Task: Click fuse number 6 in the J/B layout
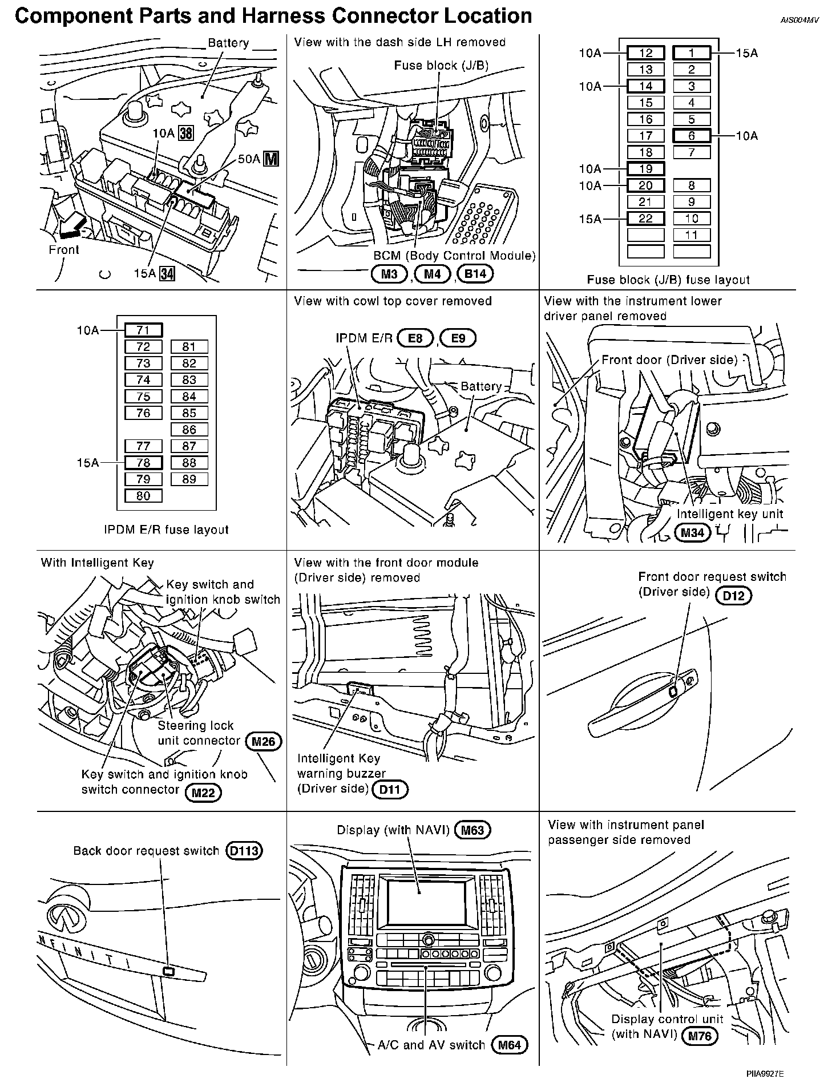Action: click(691, 136)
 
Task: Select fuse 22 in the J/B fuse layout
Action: click(645, 219)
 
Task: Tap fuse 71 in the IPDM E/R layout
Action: click(143, 330)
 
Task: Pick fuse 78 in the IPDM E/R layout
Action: click(143, 463)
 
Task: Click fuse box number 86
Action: click(189, 430)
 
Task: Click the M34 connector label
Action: click(692, 533)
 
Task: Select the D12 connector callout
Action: click(734, 596)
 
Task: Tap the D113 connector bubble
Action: click(244, 851)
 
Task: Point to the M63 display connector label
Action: click(472, 830)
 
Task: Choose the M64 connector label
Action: click(510, 1045)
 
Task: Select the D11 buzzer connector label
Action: click(390, 790)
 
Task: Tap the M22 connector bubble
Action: click(203, 792)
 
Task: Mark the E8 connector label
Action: click(415, 338)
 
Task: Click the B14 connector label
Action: click(475, 274)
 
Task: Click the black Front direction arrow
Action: click(71, 227)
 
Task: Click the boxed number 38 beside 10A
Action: click(186, 134)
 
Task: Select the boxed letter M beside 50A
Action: click(272, 159)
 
